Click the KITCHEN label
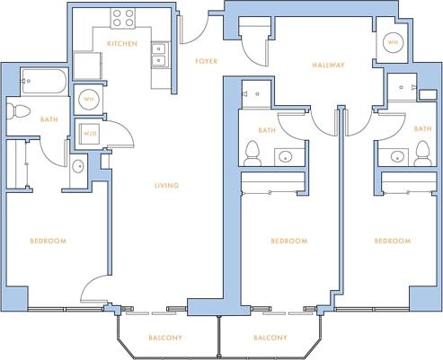(121, 43)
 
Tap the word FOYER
(206, 61)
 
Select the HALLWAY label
(329, 65)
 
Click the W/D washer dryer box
(89, 132)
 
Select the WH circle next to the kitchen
(89, 100)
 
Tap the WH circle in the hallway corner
(394, 42)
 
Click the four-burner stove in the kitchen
(123, 18)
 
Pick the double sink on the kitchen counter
(158, 56)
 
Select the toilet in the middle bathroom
(254, 152)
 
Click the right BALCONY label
(270, 338)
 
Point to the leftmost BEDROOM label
(49, 241)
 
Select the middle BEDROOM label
(289, 241)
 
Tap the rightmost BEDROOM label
(393, 241)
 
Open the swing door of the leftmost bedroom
(93, 293)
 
